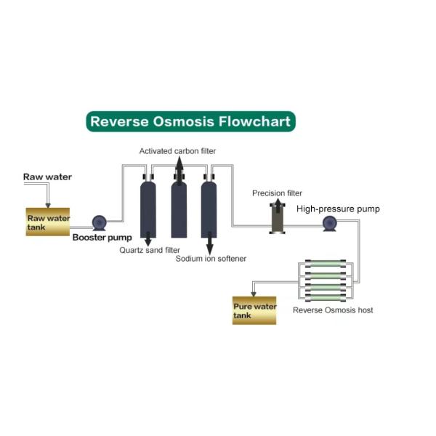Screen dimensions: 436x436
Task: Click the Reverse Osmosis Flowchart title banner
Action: (190, 121)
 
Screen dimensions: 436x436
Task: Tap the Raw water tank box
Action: (47, 222)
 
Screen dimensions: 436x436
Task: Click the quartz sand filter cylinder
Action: (149, 207)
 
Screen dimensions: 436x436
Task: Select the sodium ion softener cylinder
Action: (211, 207)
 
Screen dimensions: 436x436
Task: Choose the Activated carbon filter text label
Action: (178, 150)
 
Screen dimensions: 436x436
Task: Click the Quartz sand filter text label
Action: (150, 250)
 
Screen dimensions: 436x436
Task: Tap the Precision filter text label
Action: (277, 193)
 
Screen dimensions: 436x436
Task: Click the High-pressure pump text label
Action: (338, 209)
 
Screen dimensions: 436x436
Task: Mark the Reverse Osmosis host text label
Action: (333, 310)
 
